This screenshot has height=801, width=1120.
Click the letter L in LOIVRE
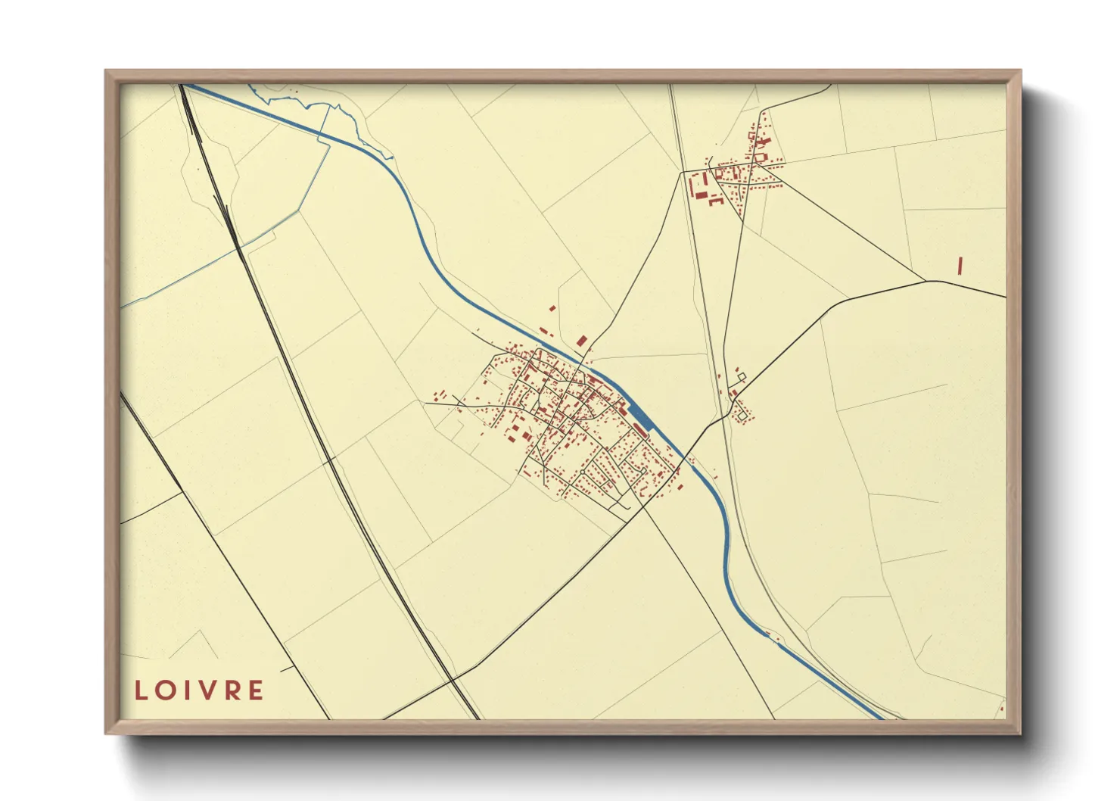tap(142, 690)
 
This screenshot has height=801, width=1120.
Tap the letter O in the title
tap(167, 690)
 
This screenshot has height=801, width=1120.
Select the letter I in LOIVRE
tap(190, 690)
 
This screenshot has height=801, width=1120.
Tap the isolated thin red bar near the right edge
tap(960, 266)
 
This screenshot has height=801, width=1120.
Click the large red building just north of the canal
tap(581, 341)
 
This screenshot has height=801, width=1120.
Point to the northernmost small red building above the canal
tap(552, 309)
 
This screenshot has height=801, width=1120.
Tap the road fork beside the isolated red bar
tap(926, 282)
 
